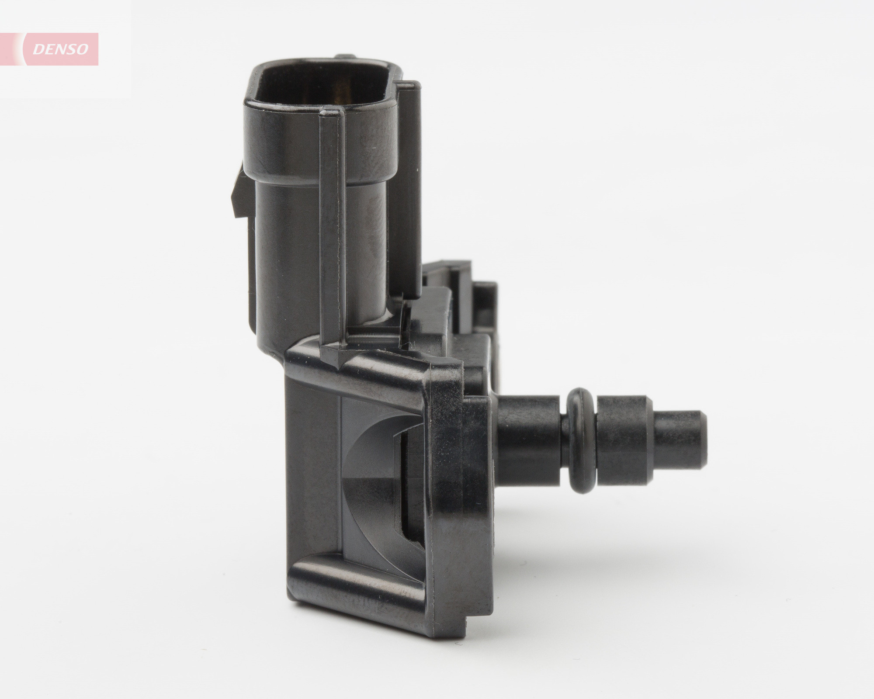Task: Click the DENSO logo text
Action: pos(61,49)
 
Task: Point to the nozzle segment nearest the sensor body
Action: pos(531,439)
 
